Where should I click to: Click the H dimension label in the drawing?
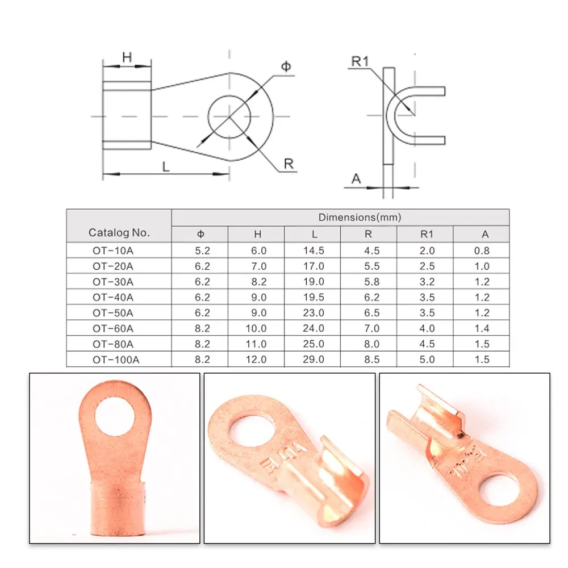point(127,57)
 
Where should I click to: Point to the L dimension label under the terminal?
point(166,166)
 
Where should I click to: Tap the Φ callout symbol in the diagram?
point(286,66)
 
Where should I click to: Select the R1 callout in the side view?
point(360,61)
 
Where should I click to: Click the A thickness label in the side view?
point(356,178)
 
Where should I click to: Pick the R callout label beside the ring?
point(289,164)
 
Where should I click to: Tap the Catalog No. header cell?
point(119,232)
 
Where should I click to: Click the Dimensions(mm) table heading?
point(360,218)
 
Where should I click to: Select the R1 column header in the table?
point(427,235)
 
